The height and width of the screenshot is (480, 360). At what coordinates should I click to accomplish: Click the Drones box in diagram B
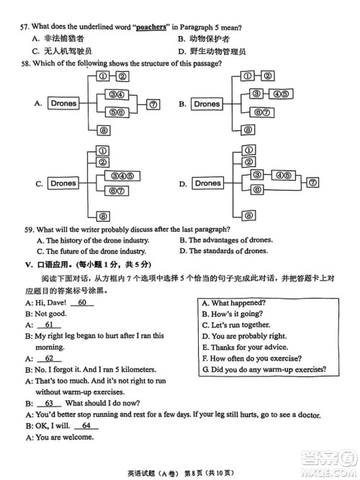207,104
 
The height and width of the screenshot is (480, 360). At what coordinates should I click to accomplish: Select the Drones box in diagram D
208,184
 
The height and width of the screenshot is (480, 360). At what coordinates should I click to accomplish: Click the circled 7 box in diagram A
153,104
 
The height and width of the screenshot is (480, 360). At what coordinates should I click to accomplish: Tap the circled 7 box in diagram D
311,183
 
